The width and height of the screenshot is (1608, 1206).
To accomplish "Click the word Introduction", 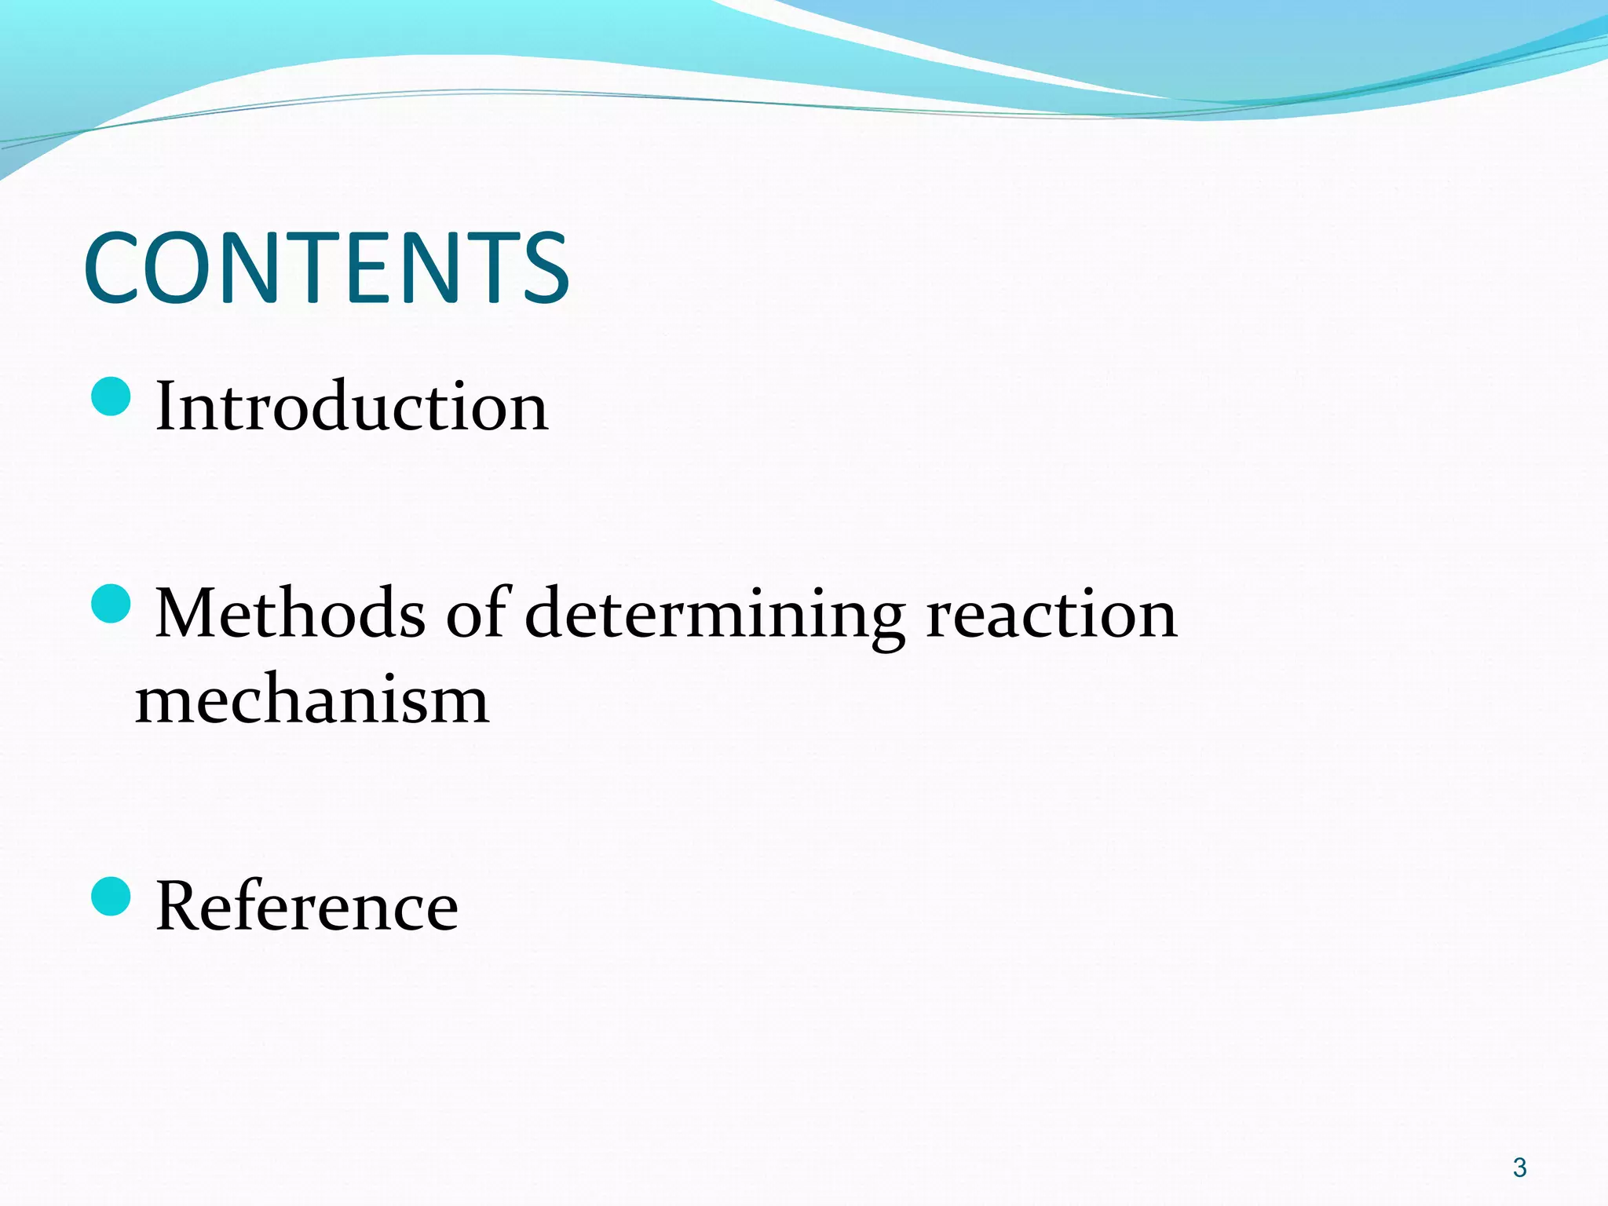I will pyautogui.click(x=352, y=407).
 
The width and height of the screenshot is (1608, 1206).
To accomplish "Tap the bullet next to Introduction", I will pyautogui.click(x=111, y=397).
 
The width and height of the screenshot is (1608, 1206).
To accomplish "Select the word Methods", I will pyautogui.click(x=291, y=613).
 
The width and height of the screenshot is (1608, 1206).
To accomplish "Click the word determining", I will pyautogui.click(x=714, y=616).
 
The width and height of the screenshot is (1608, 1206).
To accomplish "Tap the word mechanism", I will pyautogui.click(x=312, y=700).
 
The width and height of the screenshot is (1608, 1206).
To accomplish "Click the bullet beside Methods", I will pyautogui.click(x=111, y=604).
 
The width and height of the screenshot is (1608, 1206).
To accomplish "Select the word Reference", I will pyautogui.click(x=306, y=906).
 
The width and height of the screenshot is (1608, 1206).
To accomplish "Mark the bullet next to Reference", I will pyautogui.click(x=111, y=897).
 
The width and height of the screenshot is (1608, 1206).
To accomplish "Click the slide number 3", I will pyautogui.click(x=1519, y=1168).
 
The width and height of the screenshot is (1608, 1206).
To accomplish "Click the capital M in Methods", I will pyautogui.click(x=188, y=613).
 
